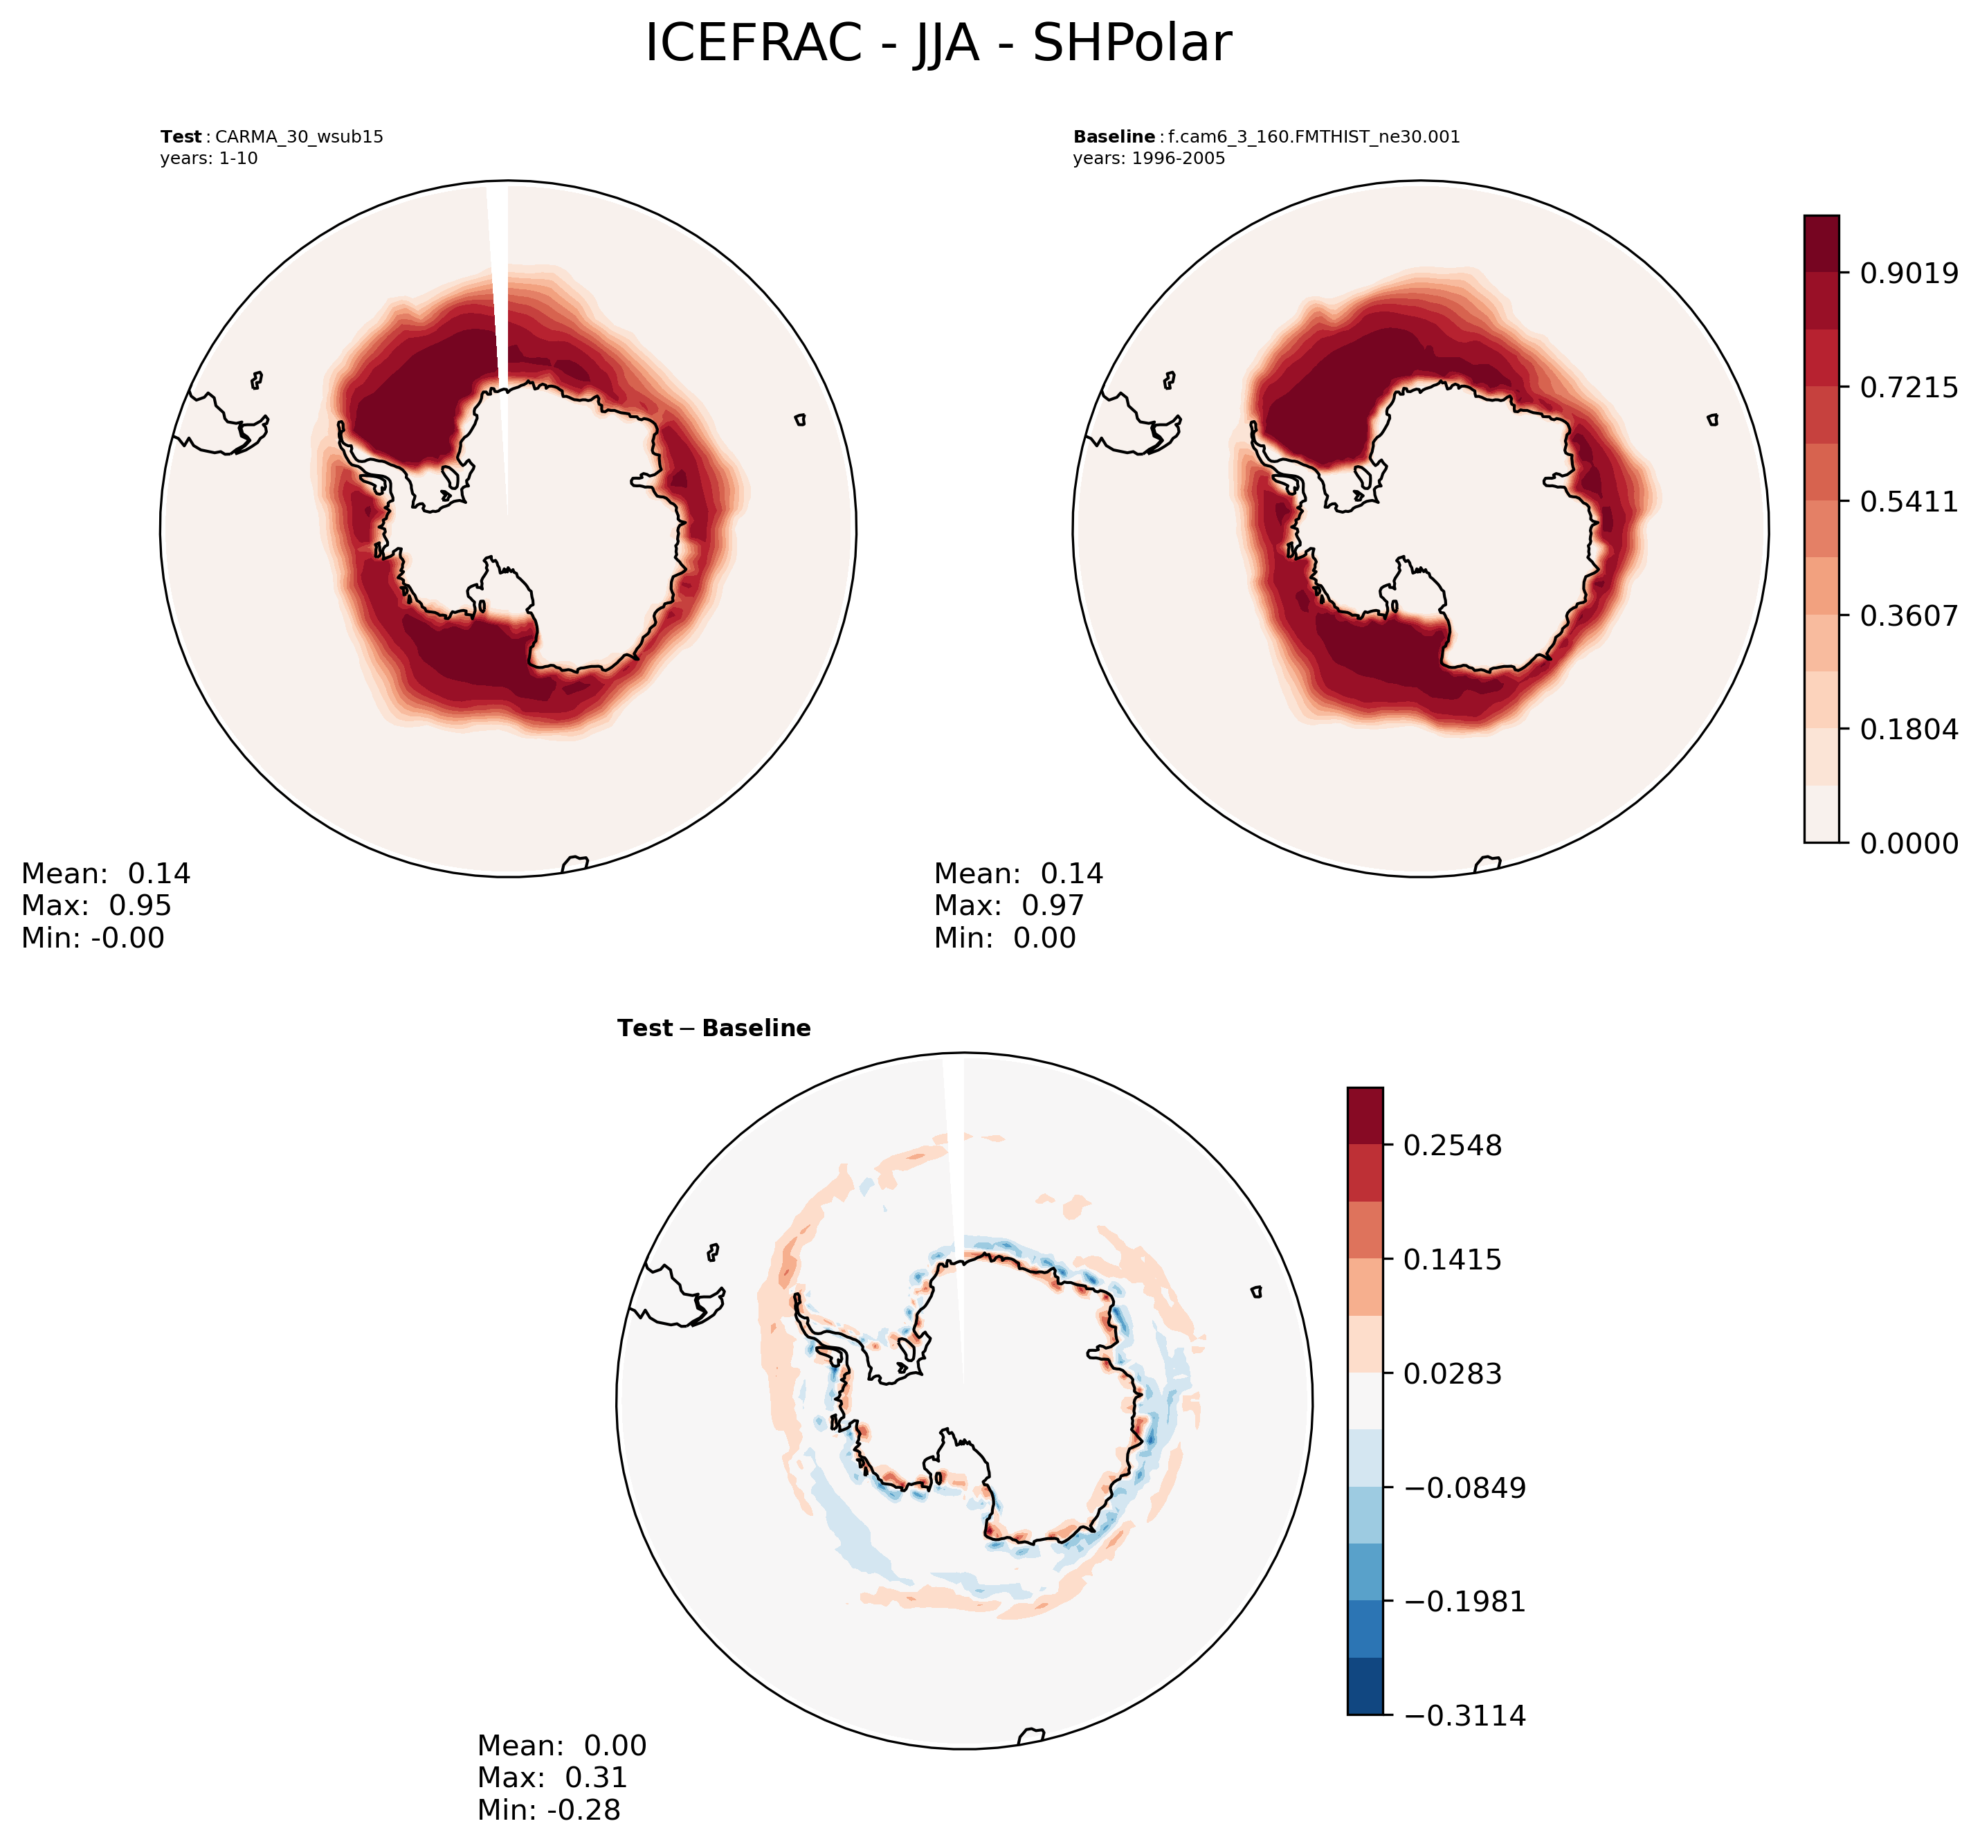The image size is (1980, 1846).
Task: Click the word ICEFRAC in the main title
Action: point(753,44)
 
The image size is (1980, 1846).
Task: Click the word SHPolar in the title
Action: point(1132,44)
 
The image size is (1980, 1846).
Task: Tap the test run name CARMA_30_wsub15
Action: point(299,136)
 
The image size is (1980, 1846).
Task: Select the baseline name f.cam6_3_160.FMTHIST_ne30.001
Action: point(1314,136)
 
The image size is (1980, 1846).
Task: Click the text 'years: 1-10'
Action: point(208,159)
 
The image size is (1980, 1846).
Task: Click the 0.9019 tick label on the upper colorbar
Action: point(1908,273)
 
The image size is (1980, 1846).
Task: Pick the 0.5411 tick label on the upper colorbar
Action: point(1908,501)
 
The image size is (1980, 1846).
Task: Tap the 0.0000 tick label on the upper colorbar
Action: point(1908,844)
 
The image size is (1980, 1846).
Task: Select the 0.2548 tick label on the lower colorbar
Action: point(1451,1146)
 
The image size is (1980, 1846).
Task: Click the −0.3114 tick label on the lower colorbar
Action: point(1464,1715)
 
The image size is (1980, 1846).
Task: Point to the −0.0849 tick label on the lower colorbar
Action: point(1464,1487)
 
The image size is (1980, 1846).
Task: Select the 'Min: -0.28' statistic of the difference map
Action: point(548,1809)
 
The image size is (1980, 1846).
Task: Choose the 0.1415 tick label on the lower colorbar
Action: point(1451,1259)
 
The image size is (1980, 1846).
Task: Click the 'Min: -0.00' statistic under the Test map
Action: point(93,937)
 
